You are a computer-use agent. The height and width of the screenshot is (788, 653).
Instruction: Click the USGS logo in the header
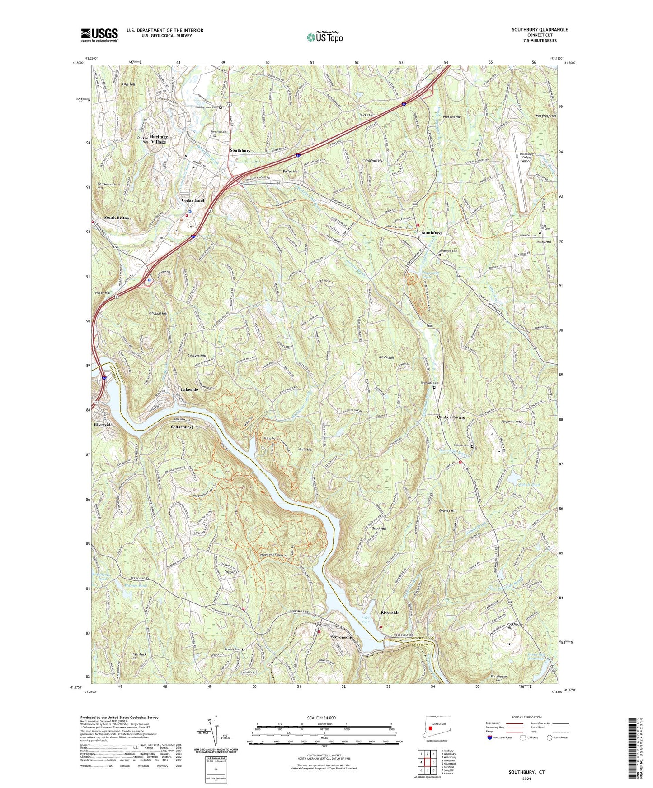(99, 35)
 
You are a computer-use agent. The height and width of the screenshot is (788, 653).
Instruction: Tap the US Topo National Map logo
(324, 37)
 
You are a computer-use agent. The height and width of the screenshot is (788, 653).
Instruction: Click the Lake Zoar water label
(366, 620)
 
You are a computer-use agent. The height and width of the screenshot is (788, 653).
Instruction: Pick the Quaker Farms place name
(451, 417)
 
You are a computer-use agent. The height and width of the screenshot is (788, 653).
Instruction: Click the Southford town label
(431, 232)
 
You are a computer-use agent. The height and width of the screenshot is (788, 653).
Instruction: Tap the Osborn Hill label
(232, 572)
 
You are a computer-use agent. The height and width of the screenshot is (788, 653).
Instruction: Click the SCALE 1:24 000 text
(324, 718)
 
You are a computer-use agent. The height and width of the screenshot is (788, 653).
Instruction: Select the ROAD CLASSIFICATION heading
(526, 717)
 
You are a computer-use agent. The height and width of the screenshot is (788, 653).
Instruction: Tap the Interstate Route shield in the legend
(490, 738)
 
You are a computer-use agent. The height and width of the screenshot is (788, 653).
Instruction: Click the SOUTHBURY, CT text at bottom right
(526, 772)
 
